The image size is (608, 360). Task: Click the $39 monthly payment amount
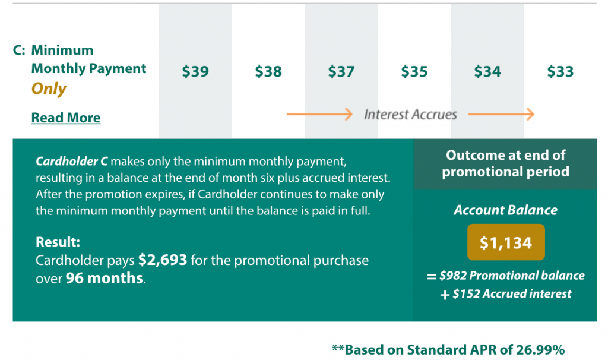[195, 71]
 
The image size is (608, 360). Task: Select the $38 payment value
[268, 71]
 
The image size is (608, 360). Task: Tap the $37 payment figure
[341, 71]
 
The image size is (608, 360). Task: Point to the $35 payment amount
[414, 71]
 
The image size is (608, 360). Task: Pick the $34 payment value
[487, 71]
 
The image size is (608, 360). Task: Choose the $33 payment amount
[560, 71]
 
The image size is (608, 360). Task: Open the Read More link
[66, 118]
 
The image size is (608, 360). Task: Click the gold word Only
[49, 89]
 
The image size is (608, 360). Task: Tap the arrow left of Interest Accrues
[319, 114]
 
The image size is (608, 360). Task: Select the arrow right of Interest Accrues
[501, 114]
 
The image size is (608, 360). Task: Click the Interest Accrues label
[410, 115]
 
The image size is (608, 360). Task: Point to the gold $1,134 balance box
[506, 242]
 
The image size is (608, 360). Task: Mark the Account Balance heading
[506, 210]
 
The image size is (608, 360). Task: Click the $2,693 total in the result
[163, 260]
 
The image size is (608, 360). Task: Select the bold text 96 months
[104, 278]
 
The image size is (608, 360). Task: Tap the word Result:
[58, 242]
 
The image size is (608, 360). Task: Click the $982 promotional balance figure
[453, 276]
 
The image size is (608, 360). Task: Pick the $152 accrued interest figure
[467, 293]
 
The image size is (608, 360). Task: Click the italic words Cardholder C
[72, 161]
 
